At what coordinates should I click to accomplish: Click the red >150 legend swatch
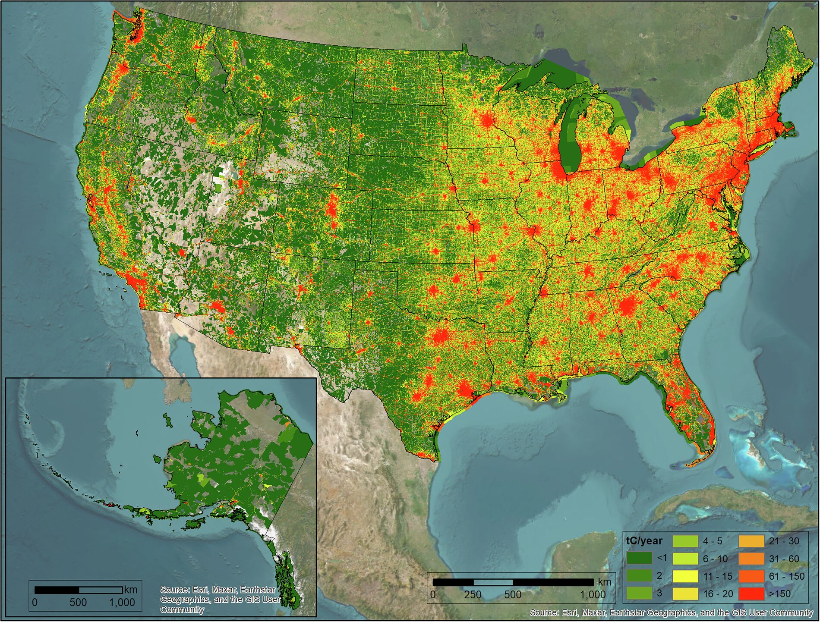pyautogui.click(x=751, y=594)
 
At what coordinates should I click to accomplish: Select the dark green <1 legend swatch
pyautogui.click(x=639, y=558)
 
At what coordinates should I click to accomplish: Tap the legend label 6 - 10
pyautogui.click(x=715, y=559)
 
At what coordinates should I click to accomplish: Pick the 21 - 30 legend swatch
pyautogui.click(x=751, y=541)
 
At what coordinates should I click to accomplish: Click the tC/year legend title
pyautogui.click(x=644, y=541)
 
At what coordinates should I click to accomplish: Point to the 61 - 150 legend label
pyautogui.click(x=786, y=576)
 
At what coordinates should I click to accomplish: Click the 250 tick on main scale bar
pyautogui.click(x=473, y=594)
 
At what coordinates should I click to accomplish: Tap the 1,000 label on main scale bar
pyautogui.click(x=592, y=594)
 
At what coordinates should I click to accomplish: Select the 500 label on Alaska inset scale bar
pyautogui.click(x=78, y=602)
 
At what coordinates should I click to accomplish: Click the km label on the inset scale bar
pyautogui.click(x=130, y=590)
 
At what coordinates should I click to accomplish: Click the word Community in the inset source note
pyautogui.click(x=182, y=609)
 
